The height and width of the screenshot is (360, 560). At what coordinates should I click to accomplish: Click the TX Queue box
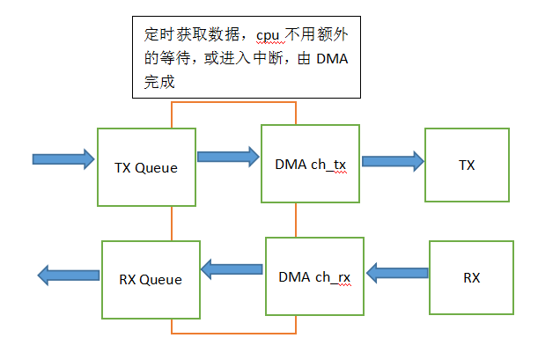click(x=146, y=167)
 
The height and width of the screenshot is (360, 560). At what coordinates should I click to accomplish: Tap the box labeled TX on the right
click(x=467, y=165)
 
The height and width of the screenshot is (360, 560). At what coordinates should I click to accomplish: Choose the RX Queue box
click(x=150, y=279)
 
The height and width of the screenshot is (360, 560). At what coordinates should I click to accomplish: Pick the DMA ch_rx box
click(x=314, y=276)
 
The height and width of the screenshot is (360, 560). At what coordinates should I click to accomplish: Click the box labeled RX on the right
click(x=471, y=277)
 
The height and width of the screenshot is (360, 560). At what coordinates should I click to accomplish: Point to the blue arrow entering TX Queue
click(x=63, y=159)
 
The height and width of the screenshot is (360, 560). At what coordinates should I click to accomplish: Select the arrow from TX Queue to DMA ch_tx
click(x=228, y=157)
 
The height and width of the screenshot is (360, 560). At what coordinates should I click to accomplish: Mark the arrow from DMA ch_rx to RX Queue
click(x=232, y=267)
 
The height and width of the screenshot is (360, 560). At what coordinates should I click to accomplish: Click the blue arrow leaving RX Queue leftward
click(x=68, y=276)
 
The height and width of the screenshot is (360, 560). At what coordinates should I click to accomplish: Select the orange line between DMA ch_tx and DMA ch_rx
click(x=296, y=222)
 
